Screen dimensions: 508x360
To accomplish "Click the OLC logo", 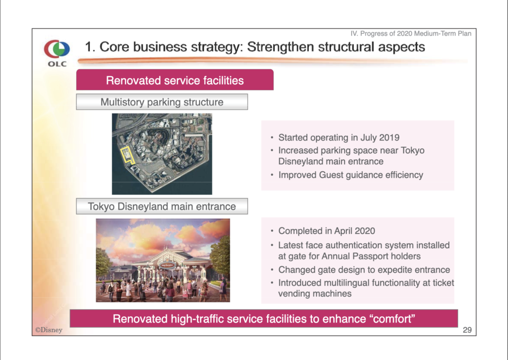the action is click(x=57, y=53).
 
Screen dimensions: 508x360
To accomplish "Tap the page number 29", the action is click(x=467, y=330).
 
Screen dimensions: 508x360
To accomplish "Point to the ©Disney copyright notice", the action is click(x=49, y=330).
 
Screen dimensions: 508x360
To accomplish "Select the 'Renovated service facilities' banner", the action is click(x=175, y=80).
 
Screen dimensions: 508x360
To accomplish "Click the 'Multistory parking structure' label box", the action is click(x=162, y=102).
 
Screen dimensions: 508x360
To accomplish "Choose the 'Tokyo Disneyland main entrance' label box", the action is click(x=162, y=206).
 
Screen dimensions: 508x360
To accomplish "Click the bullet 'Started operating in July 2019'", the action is click(x=339, y=138).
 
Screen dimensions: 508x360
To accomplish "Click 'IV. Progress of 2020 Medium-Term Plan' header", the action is click(x=411, y=34).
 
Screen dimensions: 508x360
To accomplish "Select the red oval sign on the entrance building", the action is click(x=168, y=266).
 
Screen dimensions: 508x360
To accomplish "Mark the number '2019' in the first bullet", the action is click(x=389, y=138).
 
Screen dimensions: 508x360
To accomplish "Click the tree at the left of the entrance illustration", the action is click(x=103, y=262).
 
